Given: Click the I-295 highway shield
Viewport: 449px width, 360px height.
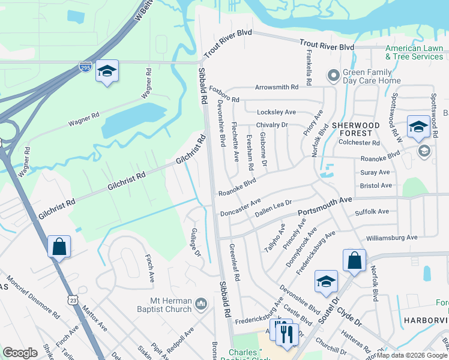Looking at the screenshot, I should tap(86, 68).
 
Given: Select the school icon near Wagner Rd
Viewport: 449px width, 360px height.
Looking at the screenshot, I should tap(107, 71).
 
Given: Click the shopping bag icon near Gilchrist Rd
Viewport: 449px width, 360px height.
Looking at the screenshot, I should tap(59, 247).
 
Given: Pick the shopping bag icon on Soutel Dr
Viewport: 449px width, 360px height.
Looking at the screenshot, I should tap(354, 260).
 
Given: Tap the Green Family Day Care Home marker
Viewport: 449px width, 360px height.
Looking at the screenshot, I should tap(333, 76).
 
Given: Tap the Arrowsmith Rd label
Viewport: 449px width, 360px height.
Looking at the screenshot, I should tap(277, 88).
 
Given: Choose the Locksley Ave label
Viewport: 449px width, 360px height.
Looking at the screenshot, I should tap(276, 112).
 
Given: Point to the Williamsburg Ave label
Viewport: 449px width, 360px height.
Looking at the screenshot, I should tap(391, 238).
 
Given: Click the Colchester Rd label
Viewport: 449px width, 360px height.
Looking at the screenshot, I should tap(359, 143).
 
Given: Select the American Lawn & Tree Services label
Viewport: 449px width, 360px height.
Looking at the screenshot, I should tap(414, 52).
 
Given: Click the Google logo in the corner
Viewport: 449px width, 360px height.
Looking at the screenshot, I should tap(20, 353).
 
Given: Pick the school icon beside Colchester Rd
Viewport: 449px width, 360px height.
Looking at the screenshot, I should tap(418, 127).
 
